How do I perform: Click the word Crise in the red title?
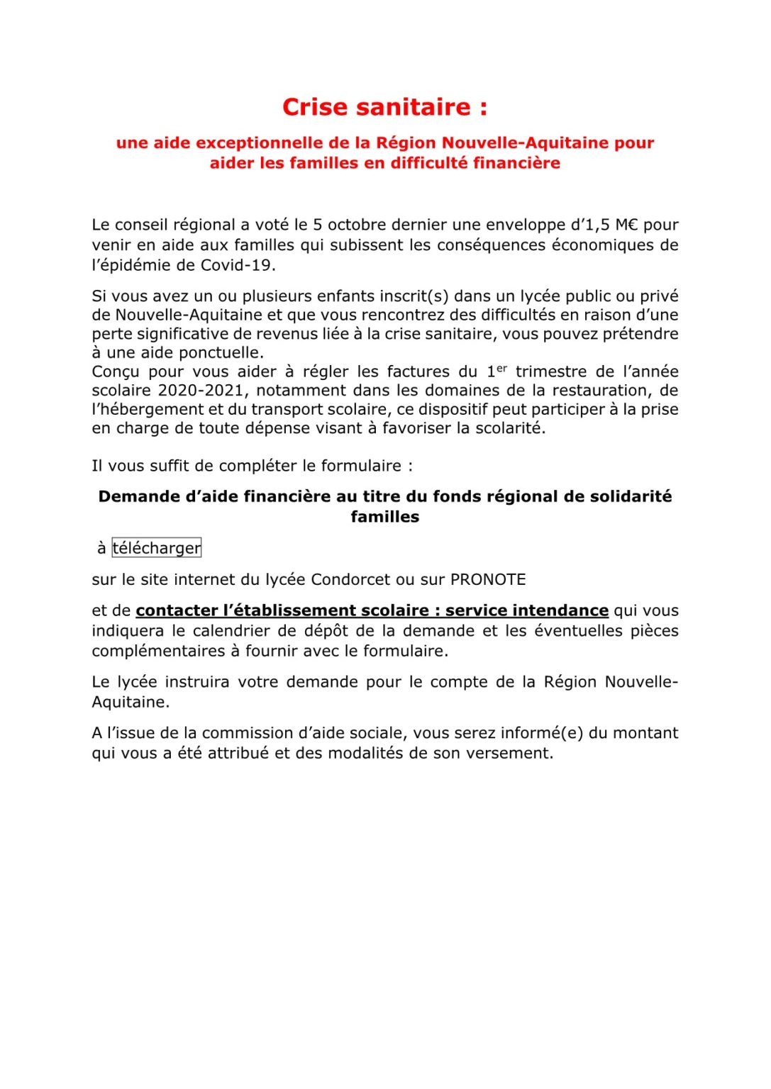tap(316, 107)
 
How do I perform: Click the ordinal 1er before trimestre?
tap(497, 371)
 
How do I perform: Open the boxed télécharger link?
tap(156, 548)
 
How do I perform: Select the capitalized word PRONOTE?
tap(488, 579)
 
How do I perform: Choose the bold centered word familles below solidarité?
tap(384, 517)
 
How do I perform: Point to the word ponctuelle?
tap(220, 352)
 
